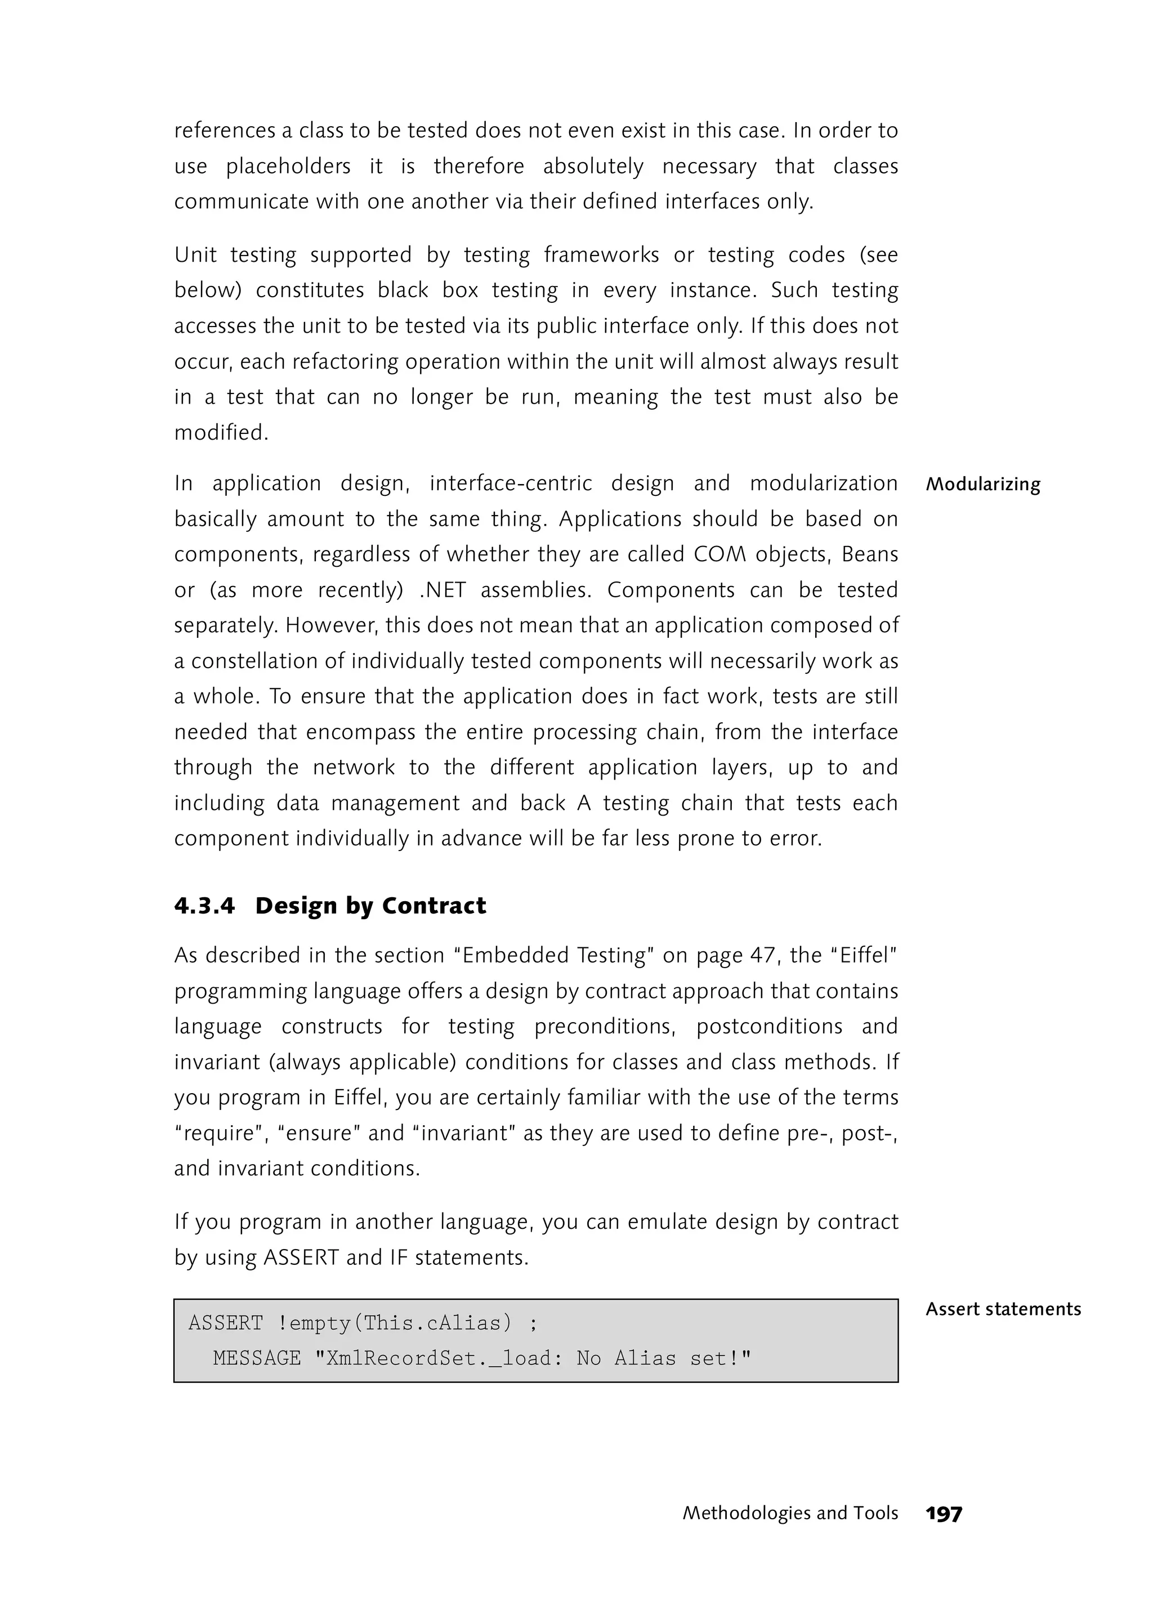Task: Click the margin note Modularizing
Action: point(982,485)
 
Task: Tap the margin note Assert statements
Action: point(1003,1309)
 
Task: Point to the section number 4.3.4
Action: point(204,907)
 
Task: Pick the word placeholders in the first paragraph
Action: point(288,166)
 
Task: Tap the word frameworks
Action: point(601,255)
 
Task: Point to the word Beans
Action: point(870,554)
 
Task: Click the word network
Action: point(354,767)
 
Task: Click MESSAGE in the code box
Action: point(256,1359)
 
